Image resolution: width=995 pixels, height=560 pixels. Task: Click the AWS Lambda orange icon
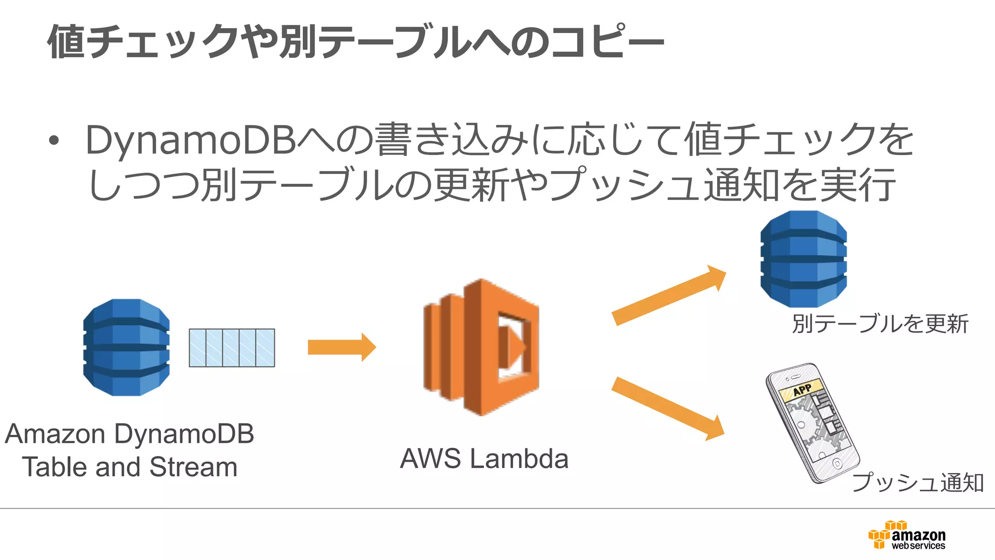click(x=481, y=347)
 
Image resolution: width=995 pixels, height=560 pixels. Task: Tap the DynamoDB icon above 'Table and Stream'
click(x=126, y=347)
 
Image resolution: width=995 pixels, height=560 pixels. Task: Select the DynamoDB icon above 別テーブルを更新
click(x=804, y=259)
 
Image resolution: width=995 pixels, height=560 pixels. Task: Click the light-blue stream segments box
click(x=232, y=348)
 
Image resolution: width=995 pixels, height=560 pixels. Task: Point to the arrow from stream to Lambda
click(x=342, y=347)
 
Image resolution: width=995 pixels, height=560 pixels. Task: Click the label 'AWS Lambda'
click(x=484, y=458)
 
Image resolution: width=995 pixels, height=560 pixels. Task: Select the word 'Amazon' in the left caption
click(x=55, y=434)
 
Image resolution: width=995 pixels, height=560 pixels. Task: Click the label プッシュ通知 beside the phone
click(x=918, y=482)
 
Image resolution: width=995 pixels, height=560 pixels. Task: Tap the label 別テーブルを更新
click(x=880, y=324)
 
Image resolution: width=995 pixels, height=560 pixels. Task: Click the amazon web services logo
click(x=907, y=535)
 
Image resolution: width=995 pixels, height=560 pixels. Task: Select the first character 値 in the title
click(x=67, y=42)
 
